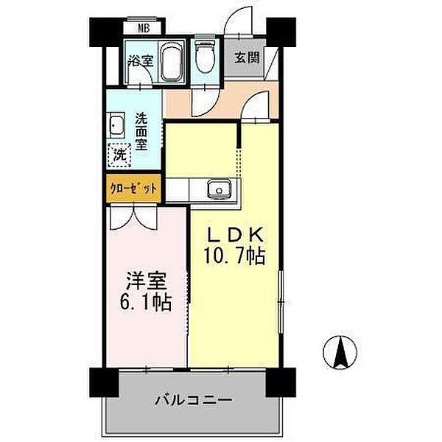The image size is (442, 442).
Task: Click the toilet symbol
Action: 204,56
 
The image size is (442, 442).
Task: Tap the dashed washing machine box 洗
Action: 119,155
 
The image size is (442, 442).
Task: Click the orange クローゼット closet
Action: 133,188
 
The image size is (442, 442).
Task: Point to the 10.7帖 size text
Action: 234,258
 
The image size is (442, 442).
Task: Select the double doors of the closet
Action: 133,214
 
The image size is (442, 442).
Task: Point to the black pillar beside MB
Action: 104,29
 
